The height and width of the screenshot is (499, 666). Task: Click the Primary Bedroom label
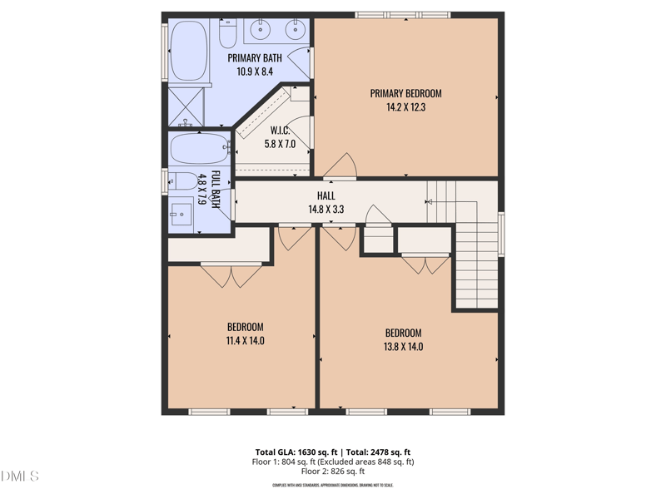point(405,93)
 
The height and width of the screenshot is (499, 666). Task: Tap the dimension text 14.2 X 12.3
point(405,106)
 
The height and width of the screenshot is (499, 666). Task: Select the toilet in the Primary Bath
point(228,33)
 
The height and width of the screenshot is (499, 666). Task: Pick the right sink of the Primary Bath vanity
point(294,31)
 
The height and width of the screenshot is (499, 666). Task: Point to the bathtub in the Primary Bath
point(189,50)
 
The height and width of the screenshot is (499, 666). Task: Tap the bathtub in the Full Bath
point(198,151)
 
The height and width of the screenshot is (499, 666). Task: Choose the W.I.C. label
point(280,131)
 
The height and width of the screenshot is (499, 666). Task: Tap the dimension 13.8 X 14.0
point(404,346)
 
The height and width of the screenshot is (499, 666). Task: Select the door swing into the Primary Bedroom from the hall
point(340,166)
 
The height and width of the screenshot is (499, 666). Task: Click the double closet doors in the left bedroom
point(231,275)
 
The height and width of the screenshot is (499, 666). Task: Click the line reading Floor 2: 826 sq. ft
point(333,472)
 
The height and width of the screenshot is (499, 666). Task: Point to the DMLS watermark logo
point(20,477)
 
